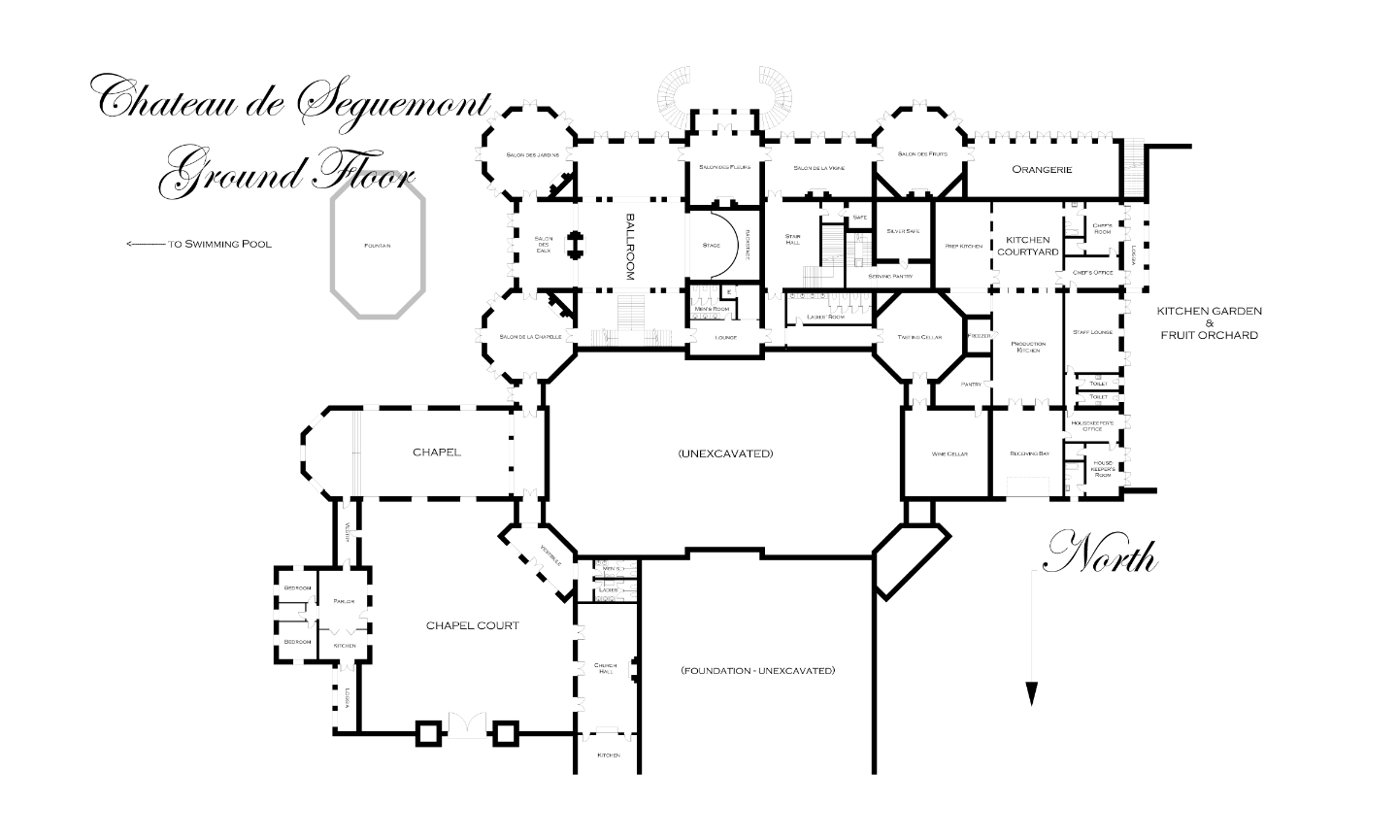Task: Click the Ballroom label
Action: pyautogui.click(x=630, y=247)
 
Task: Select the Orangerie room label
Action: pyautogui.click(x=1041, y=169)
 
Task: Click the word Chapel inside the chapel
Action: pyautogui.click(x=436, y=452)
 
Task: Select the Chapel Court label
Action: pyautogui.click(x=473, y=625)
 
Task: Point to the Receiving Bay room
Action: pyautogui.click(x=1029, y=453)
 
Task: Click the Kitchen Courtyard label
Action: pyautogui.click(x=1027, y=246)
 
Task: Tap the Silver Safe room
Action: pyautogui.click(x=903, y=231)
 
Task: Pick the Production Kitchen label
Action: pyautogui.click(x=1028, y=348)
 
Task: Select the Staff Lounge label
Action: pyautogui.click(x=1092, y=332)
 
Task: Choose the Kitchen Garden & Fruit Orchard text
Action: pyautogui.click(x=1209, y=322)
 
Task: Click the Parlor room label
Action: pyautogui.click(x=344, y=601)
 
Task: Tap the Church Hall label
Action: pyautogui.click(x=605, y=668)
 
